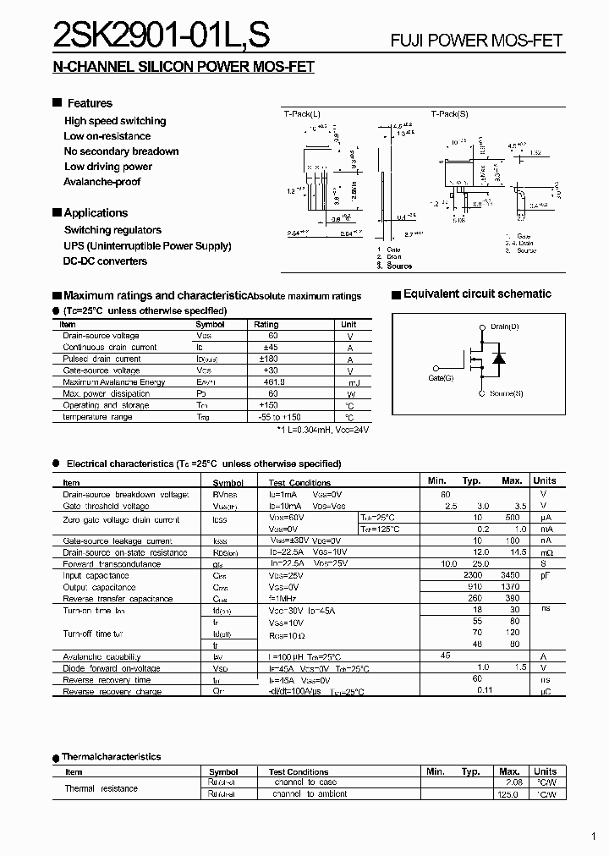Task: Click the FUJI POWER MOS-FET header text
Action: pos(475,40)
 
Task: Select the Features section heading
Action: pos(90,103)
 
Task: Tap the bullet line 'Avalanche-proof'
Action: pos(101,182)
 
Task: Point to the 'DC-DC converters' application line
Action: pos(105,261)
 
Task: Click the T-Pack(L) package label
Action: pos(302,113)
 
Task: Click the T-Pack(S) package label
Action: pos(449,113)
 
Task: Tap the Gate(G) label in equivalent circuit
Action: pos(441,378)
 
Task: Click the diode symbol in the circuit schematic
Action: pos(499,359)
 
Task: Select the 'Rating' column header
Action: pos(266,325)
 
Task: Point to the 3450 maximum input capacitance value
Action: pos(511,576)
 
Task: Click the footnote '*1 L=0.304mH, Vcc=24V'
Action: pos(323,430)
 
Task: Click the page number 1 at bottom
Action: pos(595,837)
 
